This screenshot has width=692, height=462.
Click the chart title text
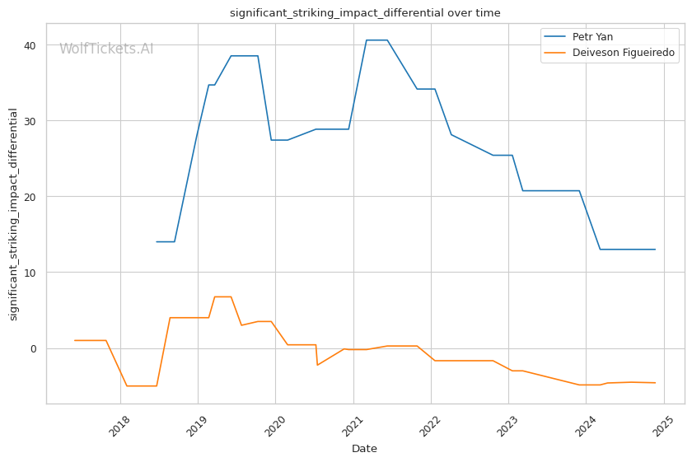(365, 13)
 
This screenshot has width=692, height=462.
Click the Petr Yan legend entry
(592, 37)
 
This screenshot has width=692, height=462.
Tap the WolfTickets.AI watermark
(106, 49)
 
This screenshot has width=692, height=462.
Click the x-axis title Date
(364, 449)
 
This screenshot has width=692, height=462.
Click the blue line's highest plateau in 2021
(376, 40)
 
